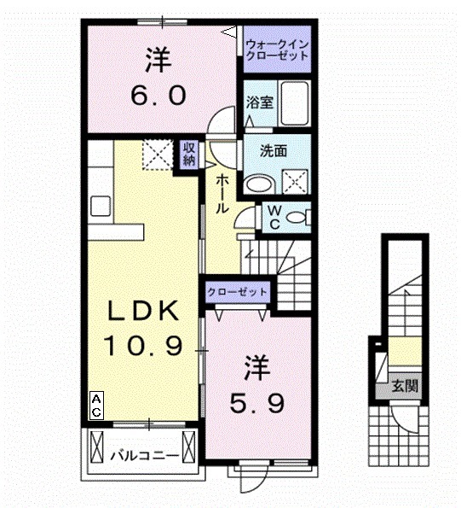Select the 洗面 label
[x=273, y=151]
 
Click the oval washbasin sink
[x=257, y=182]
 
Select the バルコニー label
[x=145, y=455]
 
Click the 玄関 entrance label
[x=405, y=385]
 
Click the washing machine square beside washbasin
[x=296, y=181]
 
